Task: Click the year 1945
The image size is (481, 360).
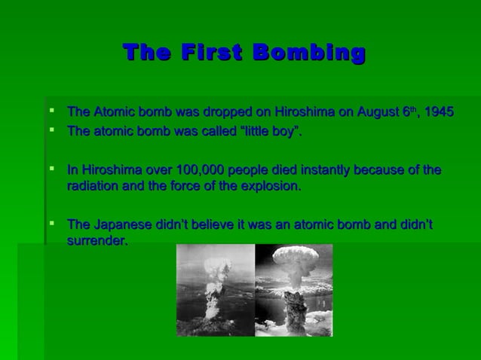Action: pyautogui.click(x=439, y=113)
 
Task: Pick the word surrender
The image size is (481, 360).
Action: pyautogui.click(x=97, y=241)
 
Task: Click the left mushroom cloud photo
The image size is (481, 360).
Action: pyautogui.click(x=216, y=290)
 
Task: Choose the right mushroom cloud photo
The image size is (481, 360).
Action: pyautogui.click(x=293, y=290)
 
